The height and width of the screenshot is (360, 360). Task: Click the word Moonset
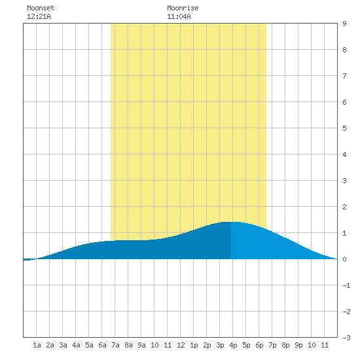tap(41, 8)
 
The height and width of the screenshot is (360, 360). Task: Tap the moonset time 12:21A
tap(39, 16)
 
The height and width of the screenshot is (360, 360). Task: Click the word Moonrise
tap(183, 8)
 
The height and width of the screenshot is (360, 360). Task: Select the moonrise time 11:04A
tap(179, 16)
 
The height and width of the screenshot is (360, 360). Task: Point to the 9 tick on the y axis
tap(344, 24)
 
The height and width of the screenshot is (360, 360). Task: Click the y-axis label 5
tap(344, 128)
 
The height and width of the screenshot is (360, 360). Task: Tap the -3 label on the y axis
tap(346, 338)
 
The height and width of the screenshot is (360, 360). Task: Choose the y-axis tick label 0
tap(344, 259)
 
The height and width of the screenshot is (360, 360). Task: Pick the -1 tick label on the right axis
tap(346, 285)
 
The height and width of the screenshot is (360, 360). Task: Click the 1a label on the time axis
tap(37, 345)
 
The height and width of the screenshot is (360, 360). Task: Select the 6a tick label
tap(102, 345)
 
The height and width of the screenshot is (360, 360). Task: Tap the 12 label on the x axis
tap(181, 345)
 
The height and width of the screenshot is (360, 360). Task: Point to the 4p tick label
tap(233, 345)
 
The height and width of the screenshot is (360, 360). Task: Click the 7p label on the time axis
tap(272, 345)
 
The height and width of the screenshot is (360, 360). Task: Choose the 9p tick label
tap(298, 345)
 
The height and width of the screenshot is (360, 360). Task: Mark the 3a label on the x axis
tap(63, 345)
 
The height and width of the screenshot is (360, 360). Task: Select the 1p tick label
tap(194, 345)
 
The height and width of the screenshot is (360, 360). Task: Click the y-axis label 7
tap(344, 76)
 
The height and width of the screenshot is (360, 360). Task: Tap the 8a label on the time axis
tap(128, 345)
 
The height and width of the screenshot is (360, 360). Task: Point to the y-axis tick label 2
tap(344, 207)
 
